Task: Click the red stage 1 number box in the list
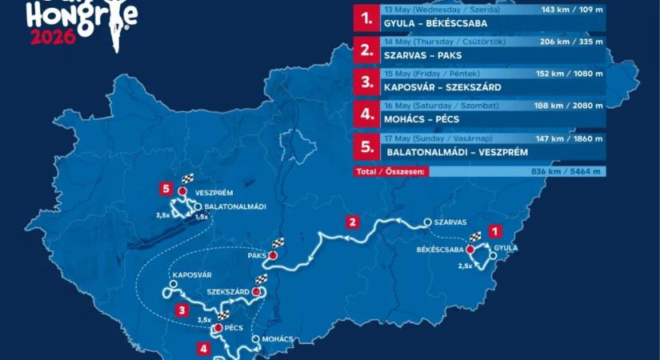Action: (366, 19)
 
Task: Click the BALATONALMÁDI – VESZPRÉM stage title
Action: (451, 151)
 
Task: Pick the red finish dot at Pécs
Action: (218, 328)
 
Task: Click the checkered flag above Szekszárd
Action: (260, 279)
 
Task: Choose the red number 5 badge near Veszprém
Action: (166, 190)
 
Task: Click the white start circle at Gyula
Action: (493, 257)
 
